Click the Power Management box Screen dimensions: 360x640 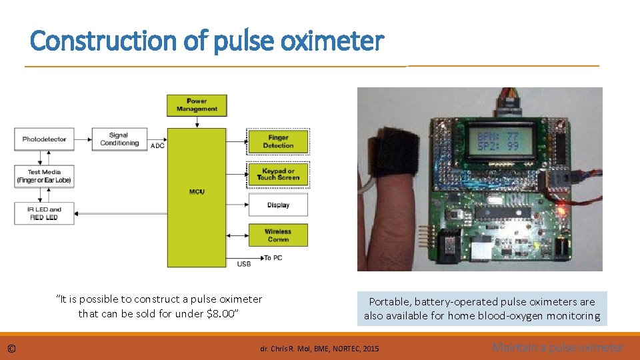click(x=197, y=105)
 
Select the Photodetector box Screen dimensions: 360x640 click(x=44, y=139)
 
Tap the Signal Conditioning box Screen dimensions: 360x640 click(x=119, y=139)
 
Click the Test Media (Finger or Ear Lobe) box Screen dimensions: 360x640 click(x=44, y=176)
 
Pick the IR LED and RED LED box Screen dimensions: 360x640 click(x=44, y=213)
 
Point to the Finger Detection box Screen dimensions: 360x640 click(x=278, y=141)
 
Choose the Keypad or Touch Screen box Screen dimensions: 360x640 click(x=278, y=174)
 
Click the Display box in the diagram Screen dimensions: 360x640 click(x=278, y=205)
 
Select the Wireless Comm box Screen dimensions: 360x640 click(x=278, y=235)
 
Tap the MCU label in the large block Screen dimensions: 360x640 click(x=197, y=192)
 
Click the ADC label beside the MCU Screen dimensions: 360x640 click(x=158, y=145)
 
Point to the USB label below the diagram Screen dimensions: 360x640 click(x=244, y=264)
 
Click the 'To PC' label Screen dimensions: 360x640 click(x=273, y=258)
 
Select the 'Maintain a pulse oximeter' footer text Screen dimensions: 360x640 click(x=557, y=347)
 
